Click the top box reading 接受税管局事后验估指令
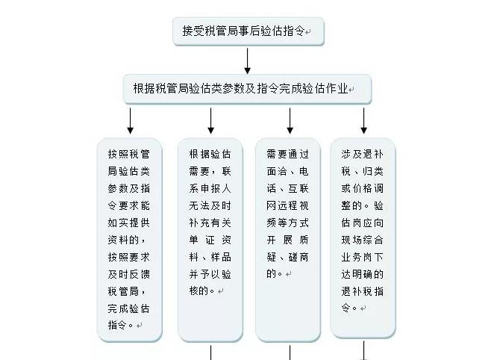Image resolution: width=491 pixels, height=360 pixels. coord(248,31)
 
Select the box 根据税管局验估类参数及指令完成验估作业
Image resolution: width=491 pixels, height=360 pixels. coord(248,89)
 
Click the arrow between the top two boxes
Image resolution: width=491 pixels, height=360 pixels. coord(248,60)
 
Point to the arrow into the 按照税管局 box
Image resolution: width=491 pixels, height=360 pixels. coord(131,121)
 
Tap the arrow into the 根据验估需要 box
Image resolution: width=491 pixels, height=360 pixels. coord(210,121)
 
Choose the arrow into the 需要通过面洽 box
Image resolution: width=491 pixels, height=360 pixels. coord(290,121)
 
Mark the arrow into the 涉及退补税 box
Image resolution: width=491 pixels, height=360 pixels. coord(363,121)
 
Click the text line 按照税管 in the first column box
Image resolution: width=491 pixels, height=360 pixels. coord(128,154)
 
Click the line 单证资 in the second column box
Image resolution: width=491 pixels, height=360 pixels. coord(210,240)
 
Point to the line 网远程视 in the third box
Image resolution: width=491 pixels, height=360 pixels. coord(287,206)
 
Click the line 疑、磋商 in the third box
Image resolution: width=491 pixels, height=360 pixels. coord(287,257)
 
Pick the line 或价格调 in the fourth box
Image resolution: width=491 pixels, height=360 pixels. coord(363,189)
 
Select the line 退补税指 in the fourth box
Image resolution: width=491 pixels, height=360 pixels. coord(363,291)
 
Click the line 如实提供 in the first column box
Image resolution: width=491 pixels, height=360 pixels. coord(128,223)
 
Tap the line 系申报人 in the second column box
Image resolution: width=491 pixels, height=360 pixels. coord(210,189)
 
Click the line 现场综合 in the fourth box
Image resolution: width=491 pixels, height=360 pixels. coord(363,240)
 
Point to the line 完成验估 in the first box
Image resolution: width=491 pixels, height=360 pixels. coord(128,308)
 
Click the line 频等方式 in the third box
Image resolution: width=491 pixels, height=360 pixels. coord(287,223)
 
